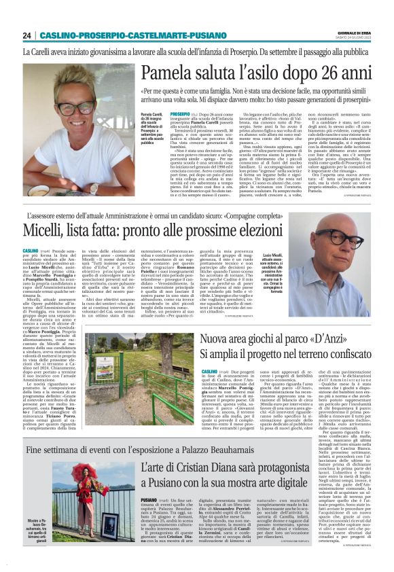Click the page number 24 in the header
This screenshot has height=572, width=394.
[x=26, y=35]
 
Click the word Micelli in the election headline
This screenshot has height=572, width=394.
[x=51, y=232]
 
